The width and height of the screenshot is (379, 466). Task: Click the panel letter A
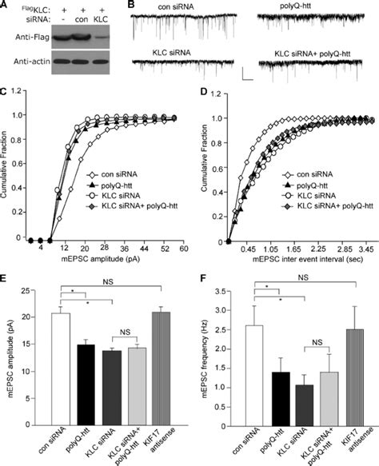(6, 6)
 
